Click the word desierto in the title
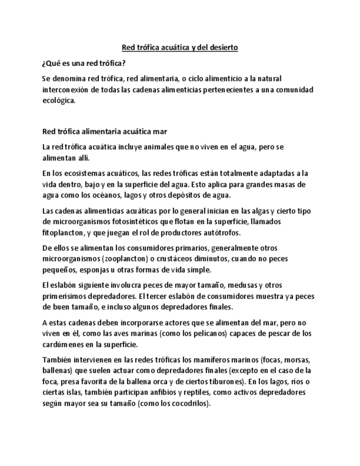(x=222, y=48)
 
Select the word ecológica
(x=58, y=100)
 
